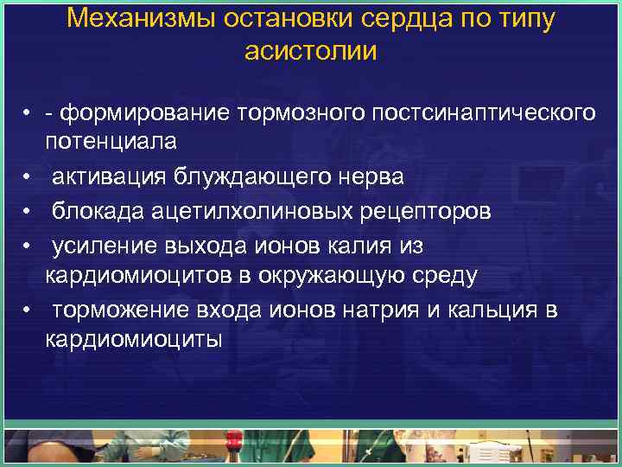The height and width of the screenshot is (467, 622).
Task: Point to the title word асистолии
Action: click(311, 51)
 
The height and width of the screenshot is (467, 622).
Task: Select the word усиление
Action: click(103, 246)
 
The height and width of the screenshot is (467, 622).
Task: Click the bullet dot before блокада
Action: click(29, 213)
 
